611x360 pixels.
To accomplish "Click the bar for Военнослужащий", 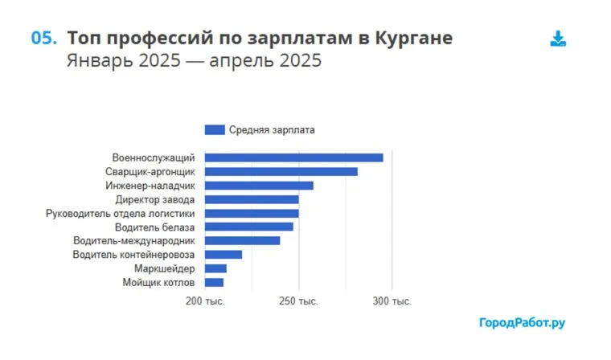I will pos(293,157).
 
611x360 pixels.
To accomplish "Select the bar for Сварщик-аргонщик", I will pos(281,171).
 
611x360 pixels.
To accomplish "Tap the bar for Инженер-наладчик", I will pos(259,186).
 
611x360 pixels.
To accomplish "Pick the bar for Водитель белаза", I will pos(249,227).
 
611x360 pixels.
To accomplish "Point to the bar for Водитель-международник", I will pos(242,240).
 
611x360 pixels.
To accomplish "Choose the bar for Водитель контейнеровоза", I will pos(223,255).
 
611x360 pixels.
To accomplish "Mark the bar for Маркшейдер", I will pos(215,268).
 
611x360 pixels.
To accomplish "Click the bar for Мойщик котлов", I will pos(214,282).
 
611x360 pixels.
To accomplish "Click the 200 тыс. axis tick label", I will pos(205,301).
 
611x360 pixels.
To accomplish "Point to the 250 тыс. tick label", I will pos(299,301).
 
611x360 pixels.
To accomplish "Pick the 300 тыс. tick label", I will pos(392,301).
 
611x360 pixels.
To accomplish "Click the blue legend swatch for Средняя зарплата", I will pos(215,129).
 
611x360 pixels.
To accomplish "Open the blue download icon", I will pos(558,39).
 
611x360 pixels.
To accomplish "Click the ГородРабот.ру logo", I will pos(522,322).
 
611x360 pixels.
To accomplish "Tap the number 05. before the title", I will pos(43,38).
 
